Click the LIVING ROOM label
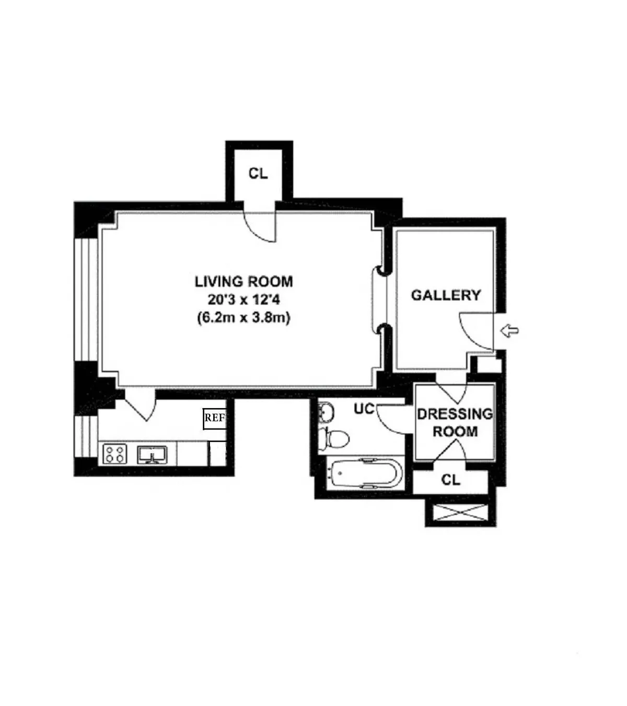tap(243, 282)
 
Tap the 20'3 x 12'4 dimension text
tap(243, 300)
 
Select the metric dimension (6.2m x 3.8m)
tap(243, 318)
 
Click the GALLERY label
tap(446, 295)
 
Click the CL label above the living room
tap(258, 173)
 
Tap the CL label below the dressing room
tap(451, 480)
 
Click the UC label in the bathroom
tap(364, 409)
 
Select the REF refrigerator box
tap(214, 418)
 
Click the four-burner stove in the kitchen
tap(114, 453)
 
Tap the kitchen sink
tap(152, 454)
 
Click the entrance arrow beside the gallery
tap(509, 330)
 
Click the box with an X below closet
tap(457, 513)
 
